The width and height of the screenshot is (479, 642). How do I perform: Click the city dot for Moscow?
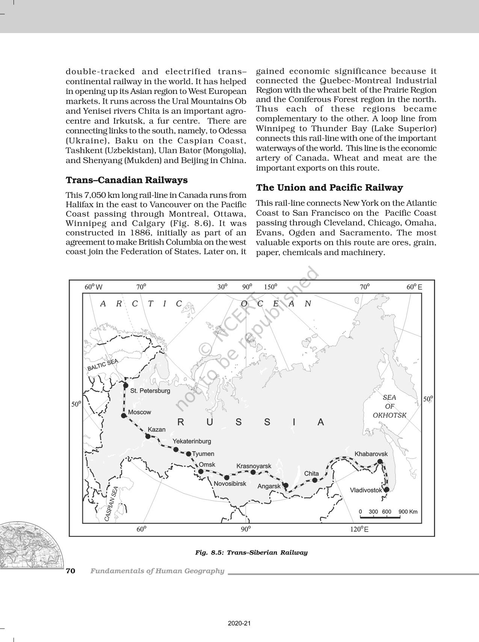click(x=123, y=415)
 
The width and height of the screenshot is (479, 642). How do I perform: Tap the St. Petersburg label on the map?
click(x=150, y=391)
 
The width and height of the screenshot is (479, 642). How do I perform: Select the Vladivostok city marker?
click(x=386, y=489)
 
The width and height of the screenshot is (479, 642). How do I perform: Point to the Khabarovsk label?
click(x=371, y=454)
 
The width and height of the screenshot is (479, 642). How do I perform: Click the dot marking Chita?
click(x=315, y=480)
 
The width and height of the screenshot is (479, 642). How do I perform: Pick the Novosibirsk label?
click(x=230, y=483)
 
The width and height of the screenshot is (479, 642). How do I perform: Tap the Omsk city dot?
click(x=201, y=471)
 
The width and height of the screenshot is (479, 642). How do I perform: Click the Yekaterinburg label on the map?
click(x=192, y=441)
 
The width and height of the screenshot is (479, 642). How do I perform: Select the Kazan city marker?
click(x=148, y=436)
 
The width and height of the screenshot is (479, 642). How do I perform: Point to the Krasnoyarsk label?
click(x=254, y=466)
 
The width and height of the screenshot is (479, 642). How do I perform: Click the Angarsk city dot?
click(x=286, y=485)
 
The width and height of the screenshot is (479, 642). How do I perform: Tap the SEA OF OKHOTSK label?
click(x=390, y=406)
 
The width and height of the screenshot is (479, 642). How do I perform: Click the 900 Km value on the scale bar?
click(x=408, y=511)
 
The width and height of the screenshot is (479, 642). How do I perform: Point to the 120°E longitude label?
click(x=359, y=529)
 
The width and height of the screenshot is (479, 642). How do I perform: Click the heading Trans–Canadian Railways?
click(x=127, y=180)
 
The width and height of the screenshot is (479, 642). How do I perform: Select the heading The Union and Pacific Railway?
click(x=329, y=187)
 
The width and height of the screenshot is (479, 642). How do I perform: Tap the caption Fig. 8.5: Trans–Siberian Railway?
click(x=251, y=552)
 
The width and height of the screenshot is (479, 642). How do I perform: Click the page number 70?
click(x=71, y=571)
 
